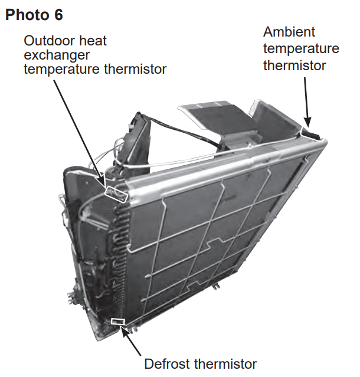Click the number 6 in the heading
pos(58,15)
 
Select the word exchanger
pos(57,55)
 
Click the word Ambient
pos(289,32)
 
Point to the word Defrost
pos(168,364)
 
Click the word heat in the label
pos(93,41)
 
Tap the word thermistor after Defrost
pos(225,364)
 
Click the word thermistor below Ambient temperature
pos(294,65)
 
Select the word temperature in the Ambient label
pos(301,49)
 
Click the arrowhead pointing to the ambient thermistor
pos(307,122)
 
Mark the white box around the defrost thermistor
pos(118,322)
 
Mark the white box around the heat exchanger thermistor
pos(116,195)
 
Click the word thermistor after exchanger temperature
pos(135,69)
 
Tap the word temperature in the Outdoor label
pos(62,70)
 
